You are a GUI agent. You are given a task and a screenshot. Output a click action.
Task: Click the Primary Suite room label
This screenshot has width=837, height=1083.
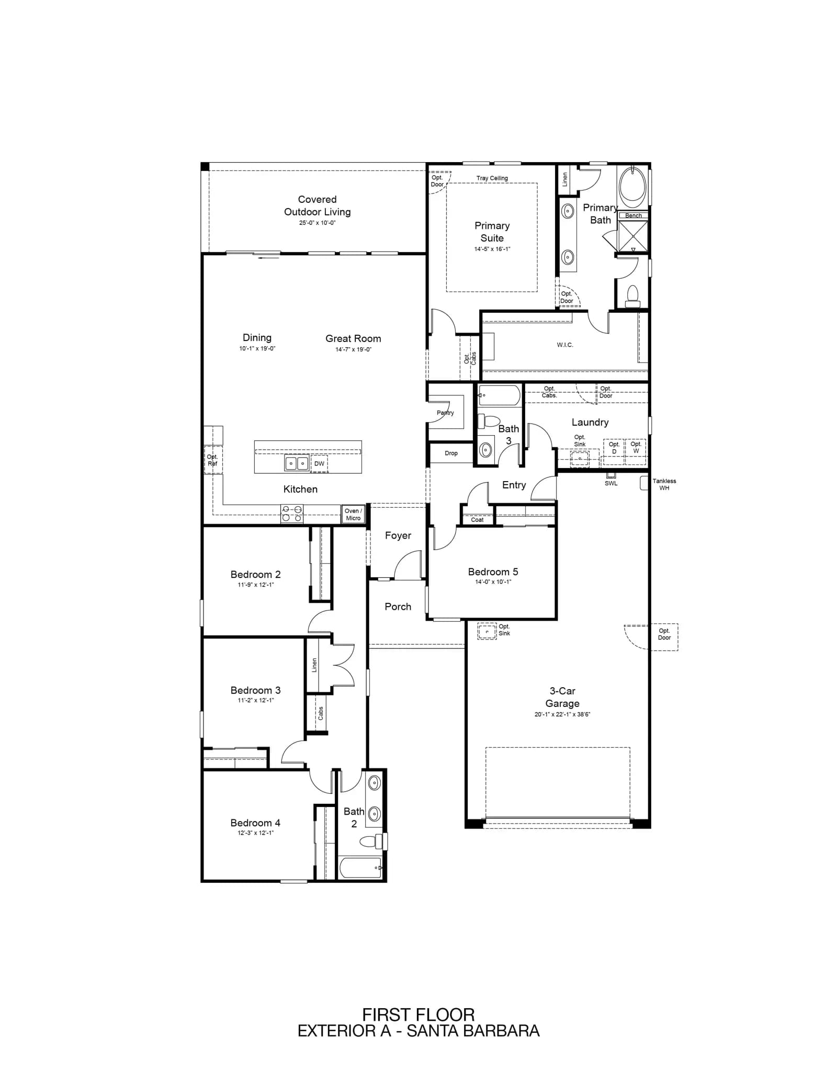[x=492, y=232]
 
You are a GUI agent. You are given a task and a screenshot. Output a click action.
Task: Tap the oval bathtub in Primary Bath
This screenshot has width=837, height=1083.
[x=632, y=187]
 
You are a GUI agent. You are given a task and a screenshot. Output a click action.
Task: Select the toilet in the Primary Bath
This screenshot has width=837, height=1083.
[x=632, y=296]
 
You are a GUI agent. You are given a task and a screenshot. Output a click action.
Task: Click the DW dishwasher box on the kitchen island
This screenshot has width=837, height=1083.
[x=319, y=463]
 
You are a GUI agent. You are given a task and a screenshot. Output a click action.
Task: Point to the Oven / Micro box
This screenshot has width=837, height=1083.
[x=353, y=515]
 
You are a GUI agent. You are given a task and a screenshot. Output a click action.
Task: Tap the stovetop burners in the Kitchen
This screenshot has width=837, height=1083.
[x=292, y=514]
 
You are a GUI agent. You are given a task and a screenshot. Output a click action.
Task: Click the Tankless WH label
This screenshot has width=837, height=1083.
[x=664, y=484]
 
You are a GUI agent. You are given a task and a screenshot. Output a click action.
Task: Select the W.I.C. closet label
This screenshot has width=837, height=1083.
[x=565, y=345]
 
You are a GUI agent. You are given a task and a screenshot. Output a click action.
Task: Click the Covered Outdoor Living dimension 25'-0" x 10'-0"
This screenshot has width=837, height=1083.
[x=317, y=223]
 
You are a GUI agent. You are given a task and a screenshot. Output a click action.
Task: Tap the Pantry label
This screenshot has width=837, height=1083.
[x=445, y=413]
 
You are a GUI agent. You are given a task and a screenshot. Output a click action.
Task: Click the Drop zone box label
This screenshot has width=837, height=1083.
[x=451, y=453]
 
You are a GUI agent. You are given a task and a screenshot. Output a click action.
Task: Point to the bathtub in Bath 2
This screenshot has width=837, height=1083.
[x=361, y=868]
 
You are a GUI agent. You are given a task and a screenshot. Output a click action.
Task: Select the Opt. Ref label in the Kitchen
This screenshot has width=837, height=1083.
[x=212, y=460]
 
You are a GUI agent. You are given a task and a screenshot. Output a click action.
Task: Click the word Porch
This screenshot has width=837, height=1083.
[x=398, y=607]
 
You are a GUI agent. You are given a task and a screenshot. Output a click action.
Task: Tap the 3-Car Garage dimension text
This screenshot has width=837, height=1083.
[x=562, y=714]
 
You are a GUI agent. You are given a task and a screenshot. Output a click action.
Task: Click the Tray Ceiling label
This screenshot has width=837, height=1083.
[x=492, y=178]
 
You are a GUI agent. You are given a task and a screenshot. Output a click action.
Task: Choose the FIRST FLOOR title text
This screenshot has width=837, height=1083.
[x=418, y=1015]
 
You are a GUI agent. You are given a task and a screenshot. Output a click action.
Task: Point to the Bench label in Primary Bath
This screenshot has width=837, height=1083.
[x=633, y=215]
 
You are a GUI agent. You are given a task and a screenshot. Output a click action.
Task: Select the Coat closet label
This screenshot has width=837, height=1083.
[x=477, y=520]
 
